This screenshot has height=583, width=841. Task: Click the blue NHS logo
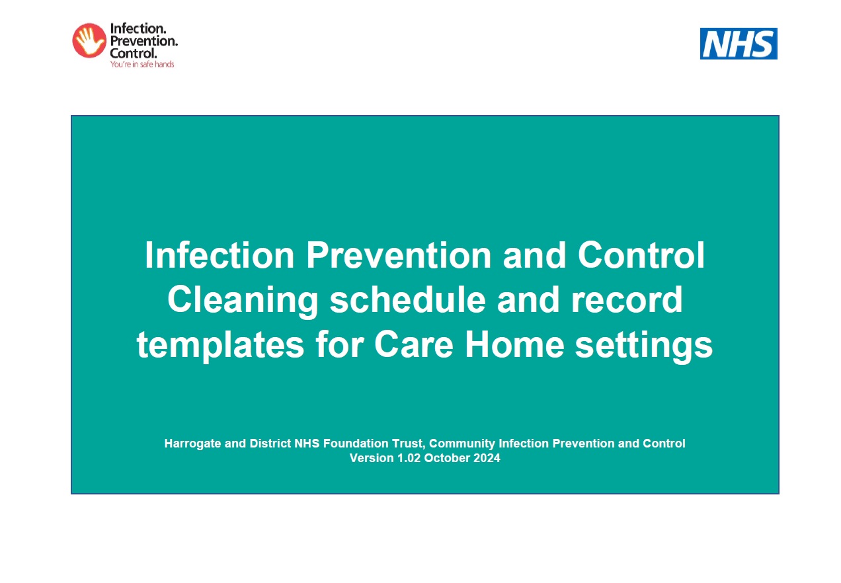(739, 44)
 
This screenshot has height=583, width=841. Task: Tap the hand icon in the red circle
(89, 40)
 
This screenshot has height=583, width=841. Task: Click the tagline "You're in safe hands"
(142, 64)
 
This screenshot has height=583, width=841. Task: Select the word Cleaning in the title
(243, 300)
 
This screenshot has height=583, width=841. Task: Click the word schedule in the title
(407, 299)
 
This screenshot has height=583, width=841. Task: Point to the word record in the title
(627, 300)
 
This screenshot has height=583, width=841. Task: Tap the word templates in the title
(220, 345)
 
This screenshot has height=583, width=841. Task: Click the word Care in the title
(414, 344)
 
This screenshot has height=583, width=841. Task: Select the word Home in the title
(514, 344)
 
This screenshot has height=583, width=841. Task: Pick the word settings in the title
(643, 345)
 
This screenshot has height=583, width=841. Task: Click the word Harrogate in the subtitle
(192, 444)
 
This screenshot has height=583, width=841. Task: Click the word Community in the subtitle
(462, 444)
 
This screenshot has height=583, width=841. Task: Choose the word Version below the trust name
(372, 458)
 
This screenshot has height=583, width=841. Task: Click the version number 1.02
(409, 458)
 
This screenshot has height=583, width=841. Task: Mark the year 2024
(487, 458)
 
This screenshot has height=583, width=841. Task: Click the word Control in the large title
(641, 255)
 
